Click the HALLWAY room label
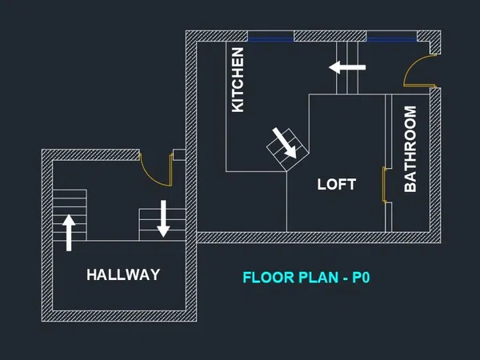pyautogui.click(x=123, y=274)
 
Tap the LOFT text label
pyautogui.click(x=337, y=184)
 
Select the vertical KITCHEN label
pyautogui.click(x=238, y=80)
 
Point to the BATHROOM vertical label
pyautogui.click(x=410, y=149)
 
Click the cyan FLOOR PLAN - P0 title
pyautogui.click(x=306, y=278)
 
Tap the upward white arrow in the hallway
pyautogui.click(x=69, y=233)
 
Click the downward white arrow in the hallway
pyautogui.click(x=163, y=218)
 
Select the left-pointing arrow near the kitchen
pyautogui.click(x=347, y=67)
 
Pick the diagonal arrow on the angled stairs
pyautogui.click(x=284, y=143)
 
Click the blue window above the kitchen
pyautogui.click(x=270, y=39)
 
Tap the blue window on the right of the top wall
pyautogui.click(x=391, y=39)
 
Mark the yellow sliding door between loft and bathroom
pyautogui.click(x=384, y=185)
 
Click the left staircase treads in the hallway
pyautogui.click(x=70, y=215)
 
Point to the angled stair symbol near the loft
pyautogui.click(x=287, y=150)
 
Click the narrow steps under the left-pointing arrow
pyautogui.click(x=347, y=68)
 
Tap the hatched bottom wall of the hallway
pyautogui.click(x=119, y=316)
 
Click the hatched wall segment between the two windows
pyautogui.click(x=330, y=36)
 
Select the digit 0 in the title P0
pyautogui.click(x=366, y=278)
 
